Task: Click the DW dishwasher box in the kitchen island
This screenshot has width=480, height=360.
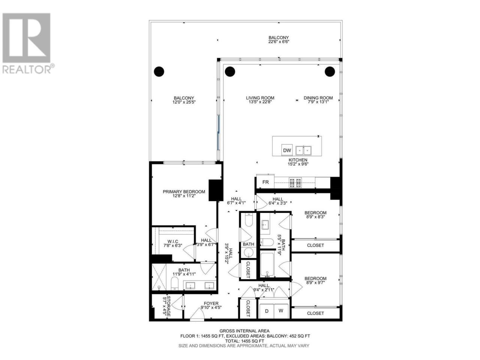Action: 287,150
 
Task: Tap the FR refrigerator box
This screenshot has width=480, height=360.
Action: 265,182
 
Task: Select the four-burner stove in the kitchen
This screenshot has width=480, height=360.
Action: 295,183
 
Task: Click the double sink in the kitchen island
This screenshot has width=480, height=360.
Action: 303,150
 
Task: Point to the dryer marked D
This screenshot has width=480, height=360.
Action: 266,311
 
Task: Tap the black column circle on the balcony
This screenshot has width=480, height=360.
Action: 159,72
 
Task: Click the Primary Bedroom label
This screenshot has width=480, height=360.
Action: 184,192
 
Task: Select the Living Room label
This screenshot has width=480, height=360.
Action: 260,98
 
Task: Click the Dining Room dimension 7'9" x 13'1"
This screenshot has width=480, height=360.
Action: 318,102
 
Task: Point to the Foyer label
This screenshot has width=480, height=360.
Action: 211,303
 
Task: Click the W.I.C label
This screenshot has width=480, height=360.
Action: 173,241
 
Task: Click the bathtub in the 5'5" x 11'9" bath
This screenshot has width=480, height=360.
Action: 267,265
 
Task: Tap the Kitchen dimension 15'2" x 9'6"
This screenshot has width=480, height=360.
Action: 298,164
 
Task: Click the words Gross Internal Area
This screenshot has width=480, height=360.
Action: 244,331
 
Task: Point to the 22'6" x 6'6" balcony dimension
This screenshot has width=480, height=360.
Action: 279,42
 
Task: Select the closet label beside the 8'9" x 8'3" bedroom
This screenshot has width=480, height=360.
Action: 315,245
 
